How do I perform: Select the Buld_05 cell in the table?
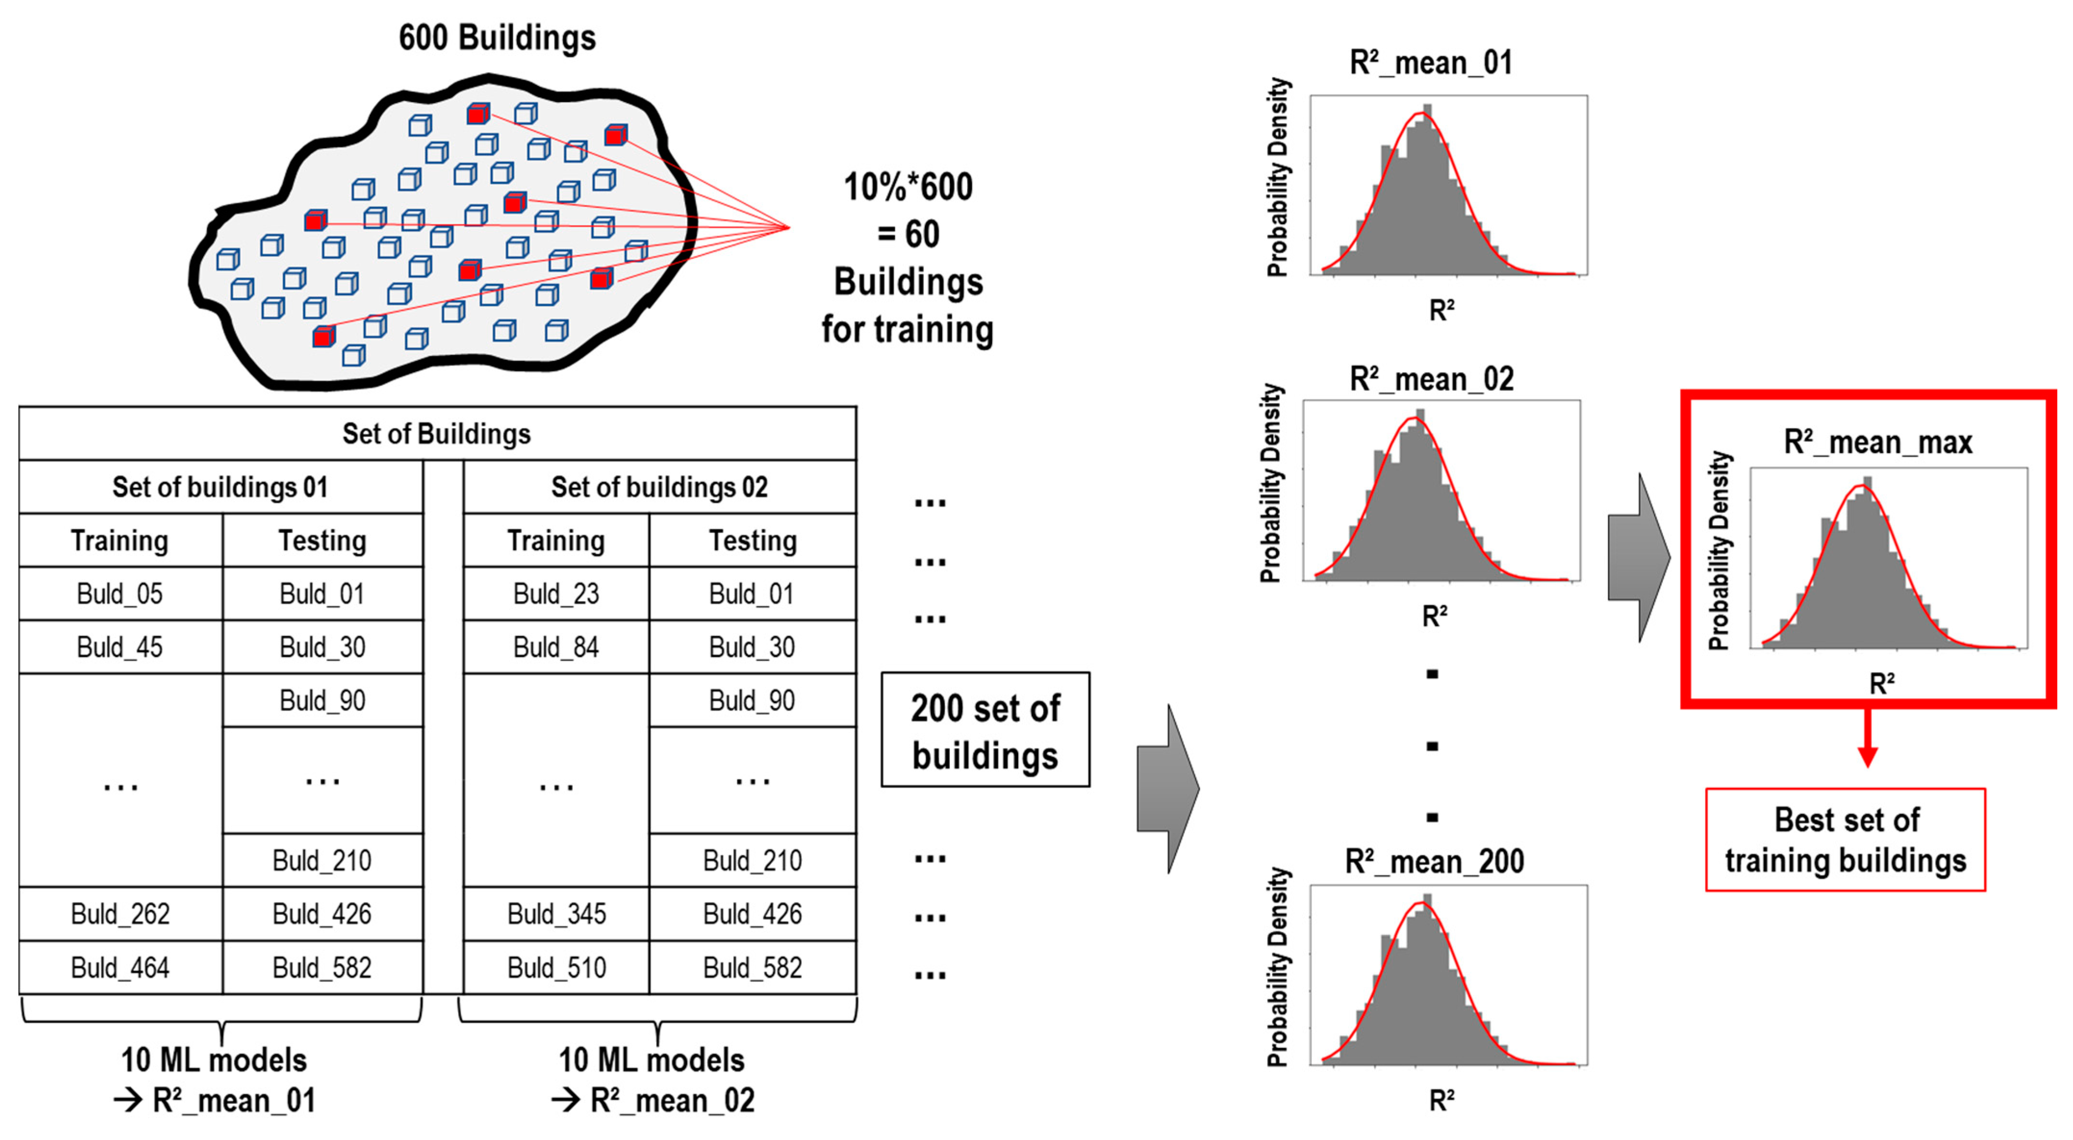coord(120,594)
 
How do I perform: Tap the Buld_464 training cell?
coord(120,967)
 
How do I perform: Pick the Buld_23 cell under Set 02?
coord(556,594)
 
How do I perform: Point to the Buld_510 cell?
coord(556,967)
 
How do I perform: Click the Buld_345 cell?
coord(556,914)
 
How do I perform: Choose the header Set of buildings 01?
coord(220,487)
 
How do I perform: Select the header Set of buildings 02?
coord(659,487)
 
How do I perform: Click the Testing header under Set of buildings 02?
coord(752,540)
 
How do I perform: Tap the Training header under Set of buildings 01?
coord(120,540)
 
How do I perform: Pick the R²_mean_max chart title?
coord(1877,442)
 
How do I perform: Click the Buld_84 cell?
coord(556,647)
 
